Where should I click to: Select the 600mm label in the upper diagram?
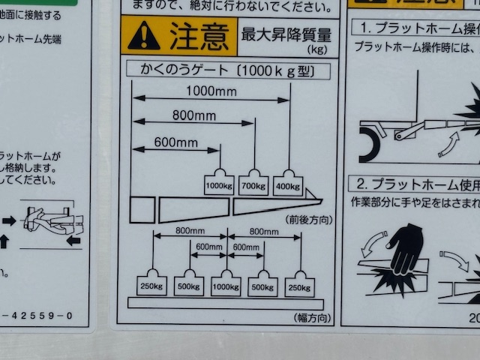pos(176,142)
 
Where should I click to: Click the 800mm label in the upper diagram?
pos(193,116)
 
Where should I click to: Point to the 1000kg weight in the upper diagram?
pos(219,184)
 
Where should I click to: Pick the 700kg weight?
pos(254,184)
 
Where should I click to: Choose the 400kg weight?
pos(288,184)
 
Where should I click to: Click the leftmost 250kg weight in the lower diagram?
pos(151,286)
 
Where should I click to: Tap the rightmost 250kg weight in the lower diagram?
pos(300,286)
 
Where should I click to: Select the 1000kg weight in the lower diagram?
pos(226,286)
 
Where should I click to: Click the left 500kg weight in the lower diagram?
pos(189,286)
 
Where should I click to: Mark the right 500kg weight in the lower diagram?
pos(262,286)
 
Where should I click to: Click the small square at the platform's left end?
pos(142,209)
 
